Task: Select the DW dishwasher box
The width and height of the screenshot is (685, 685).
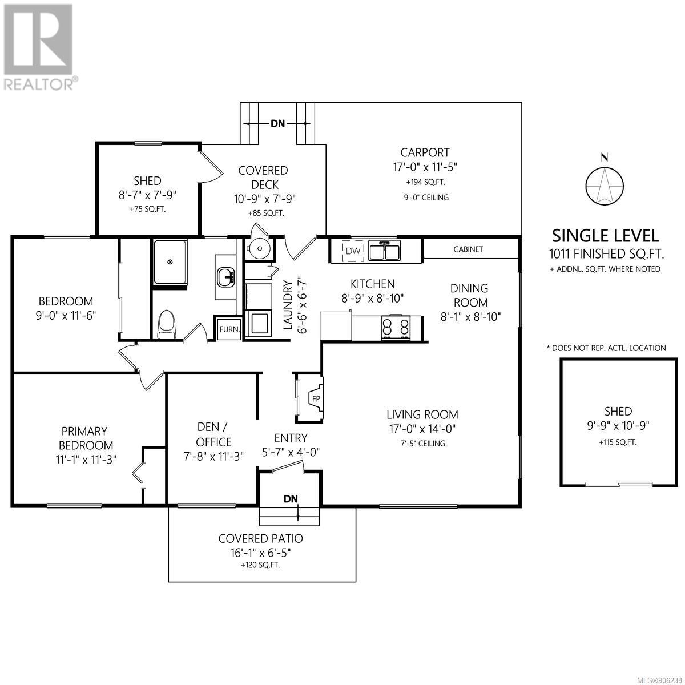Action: click(x=353, y=251)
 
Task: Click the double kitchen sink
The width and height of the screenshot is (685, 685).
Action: click(x=384, y=251)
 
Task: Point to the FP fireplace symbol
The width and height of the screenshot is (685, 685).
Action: click(x=315, y=398)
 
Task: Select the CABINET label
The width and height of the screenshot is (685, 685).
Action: click(x=468, y=249)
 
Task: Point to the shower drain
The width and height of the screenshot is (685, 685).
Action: click(x=170, y=262)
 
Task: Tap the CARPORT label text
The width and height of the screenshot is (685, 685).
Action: click(x=425, y=152)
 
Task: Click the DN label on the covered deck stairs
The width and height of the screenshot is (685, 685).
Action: click(x=277, y=123)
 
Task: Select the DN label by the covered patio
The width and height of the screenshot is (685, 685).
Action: click(x=291, y=499)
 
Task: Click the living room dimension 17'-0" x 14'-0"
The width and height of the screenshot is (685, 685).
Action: click(x=422, y=429)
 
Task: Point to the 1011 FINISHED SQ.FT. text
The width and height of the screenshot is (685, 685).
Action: click(x=606, y=254)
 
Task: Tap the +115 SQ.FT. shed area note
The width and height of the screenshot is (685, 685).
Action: click(x=618, y=442)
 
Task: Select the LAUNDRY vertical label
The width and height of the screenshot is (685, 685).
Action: click(x=288, y=305)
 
